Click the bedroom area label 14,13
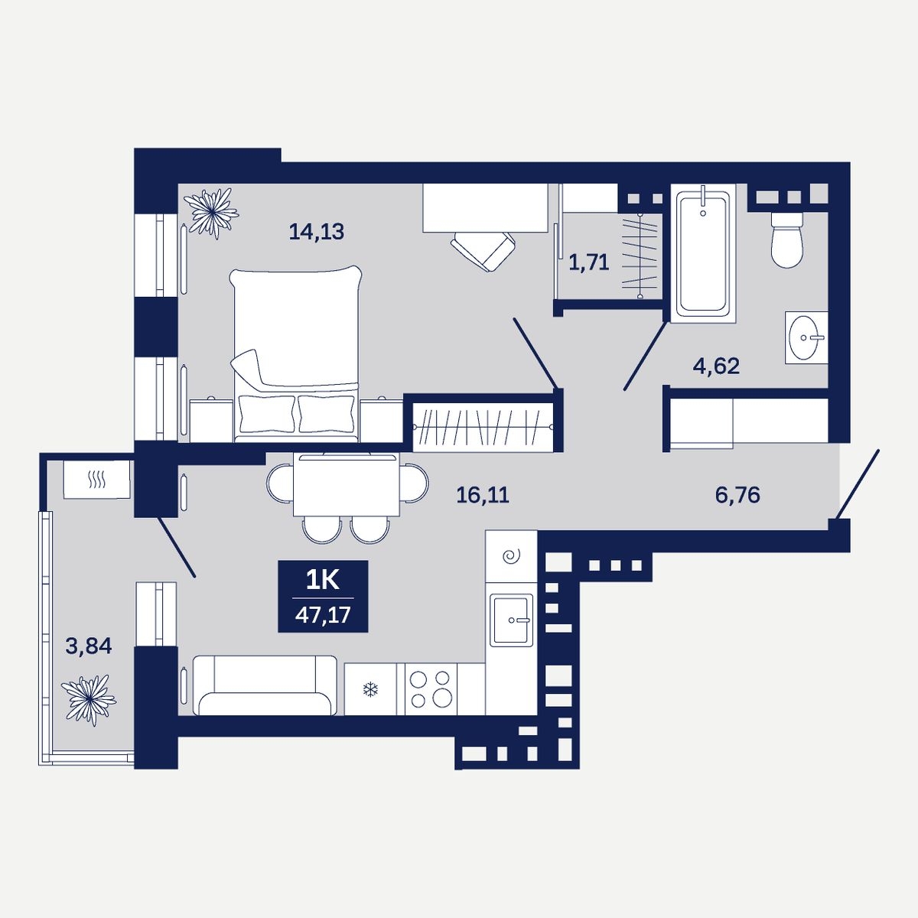(316, 232)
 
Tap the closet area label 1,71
(589, 262)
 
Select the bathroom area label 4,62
(716, 366)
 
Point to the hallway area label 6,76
(737, 495)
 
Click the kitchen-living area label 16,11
(483, 496)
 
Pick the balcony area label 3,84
(89, 646)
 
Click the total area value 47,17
(323, 614)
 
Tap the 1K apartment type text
(323, 580)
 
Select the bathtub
(703, 253)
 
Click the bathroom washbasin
(806, 338)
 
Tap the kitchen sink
(511, 620)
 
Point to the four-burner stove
(431, 688)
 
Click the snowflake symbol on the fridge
(370, 688)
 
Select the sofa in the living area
(265, 685)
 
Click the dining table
(347, 485)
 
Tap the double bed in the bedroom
(296, 353)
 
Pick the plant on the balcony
(89, 700)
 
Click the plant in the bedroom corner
(211, 213)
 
